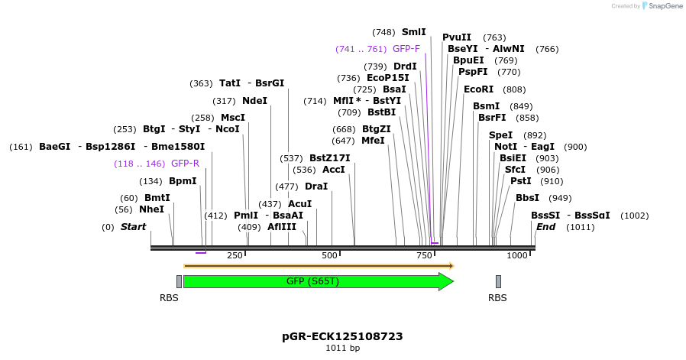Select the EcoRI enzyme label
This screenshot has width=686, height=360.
478,89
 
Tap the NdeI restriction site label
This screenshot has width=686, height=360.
254,101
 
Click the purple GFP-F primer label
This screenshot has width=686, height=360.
406,49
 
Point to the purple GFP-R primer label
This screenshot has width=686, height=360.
185,164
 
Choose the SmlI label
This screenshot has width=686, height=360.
413,32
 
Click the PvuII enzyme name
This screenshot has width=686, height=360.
457,37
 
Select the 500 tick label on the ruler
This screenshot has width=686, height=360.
329,255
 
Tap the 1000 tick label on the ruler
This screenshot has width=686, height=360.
517,255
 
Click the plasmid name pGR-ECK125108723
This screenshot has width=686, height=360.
342,336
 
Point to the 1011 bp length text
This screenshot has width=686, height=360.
342,349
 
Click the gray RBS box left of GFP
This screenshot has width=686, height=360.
179,281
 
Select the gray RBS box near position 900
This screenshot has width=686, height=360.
498,281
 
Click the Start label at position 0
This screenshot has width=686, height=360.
133,227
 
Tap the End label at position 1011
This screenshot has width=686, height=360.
545,227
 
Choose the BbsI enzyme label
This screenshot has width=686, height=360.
527,198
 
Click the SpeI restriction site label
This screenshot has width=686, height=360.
500,135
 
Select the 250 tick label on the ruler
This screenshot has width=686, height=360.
235,255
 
